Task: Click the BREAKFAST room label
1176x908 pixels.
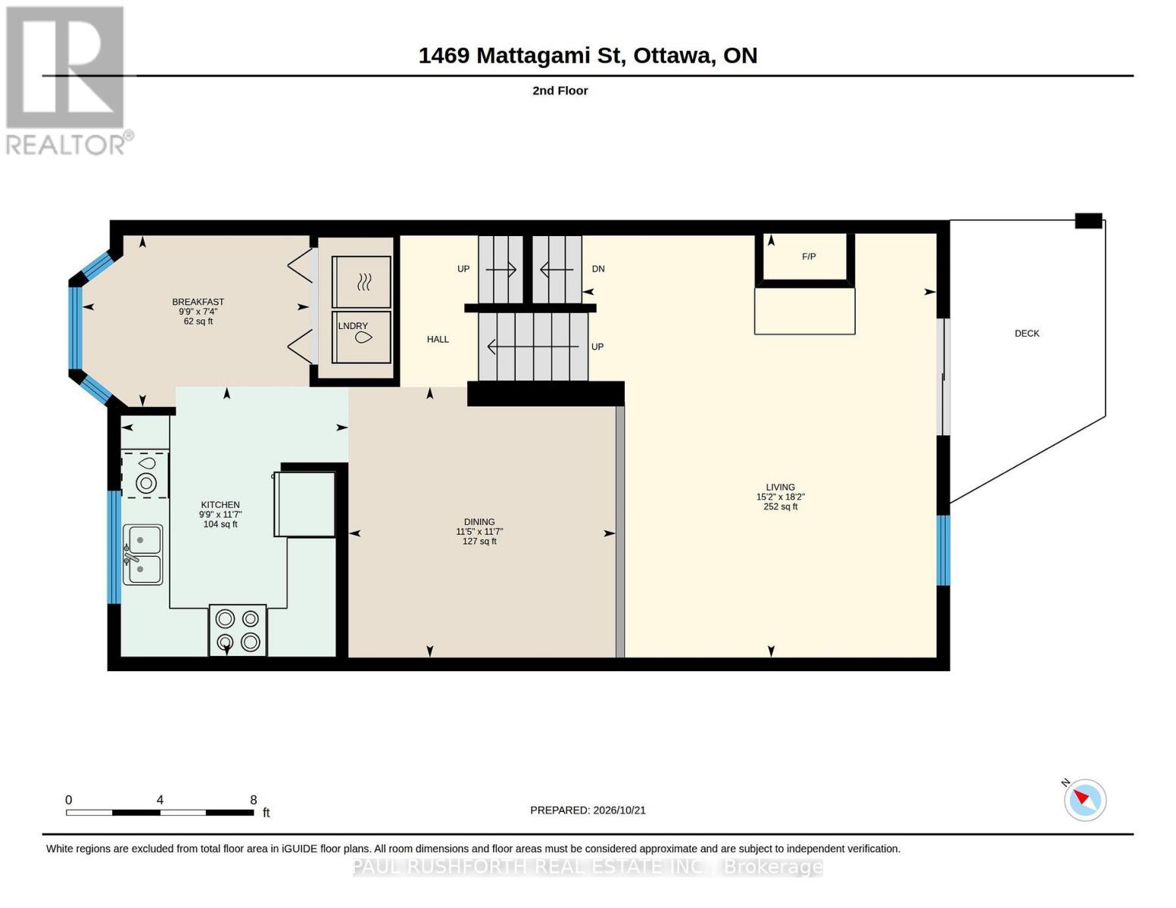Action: [198, 302]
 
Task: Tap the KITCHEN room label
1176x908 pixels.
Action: [220, 505]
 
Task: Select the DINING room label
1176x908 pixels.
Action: [479, 522]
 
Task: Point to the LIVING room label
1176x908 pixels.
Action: [780, 487]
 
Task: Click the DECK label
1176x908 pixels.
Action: [1027, 334]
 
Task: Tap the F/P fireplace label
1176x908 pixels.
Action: [809, 257]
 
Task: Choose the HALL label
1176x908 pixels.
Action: [438, 340]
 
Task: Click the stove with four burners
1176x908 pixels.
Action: [238, 630]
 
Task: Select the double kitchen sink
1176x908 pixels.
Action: [142, 555]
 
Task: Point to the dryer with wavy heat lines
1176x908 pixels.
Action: [361, 281]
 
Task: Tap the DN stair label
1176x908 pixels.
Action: [598, 269]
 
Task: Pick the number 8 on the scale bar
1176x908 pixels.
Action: [253, 800]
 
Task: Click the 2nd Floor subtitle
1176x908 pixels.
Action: [560, 91]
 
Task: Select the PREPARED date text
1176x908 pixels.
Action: [588, 810]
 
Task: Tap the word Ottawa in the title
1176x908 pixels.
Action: [673, 56]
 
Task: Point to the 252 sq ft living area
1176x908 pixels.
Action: [781, 507]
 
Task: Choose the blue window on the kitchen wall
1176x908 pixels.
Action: [114, 547]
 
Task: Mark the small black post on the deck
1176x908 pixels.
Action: [1088, 221]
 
